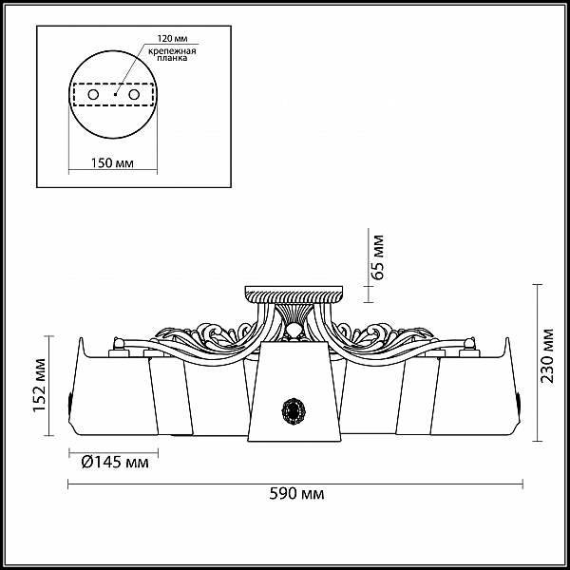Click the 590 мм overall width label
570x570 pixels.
(296, 494)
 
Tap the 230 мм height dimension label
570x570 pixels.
(547, 356)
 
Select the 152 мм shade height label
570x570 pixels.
(39, 386)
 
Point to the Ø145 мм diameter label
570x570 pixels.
(115, 462)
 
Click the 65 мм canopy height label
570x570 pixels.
(378, 257)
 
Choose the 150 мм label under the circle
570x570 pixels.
(112, 163)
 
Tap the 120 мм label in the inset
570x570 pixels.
(172, 38)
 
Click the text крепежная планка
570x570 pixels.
(172, 54)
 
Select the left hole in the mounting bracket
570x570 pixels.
(93, 95)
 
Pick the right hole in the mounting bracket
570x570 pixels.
(134, 95)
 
